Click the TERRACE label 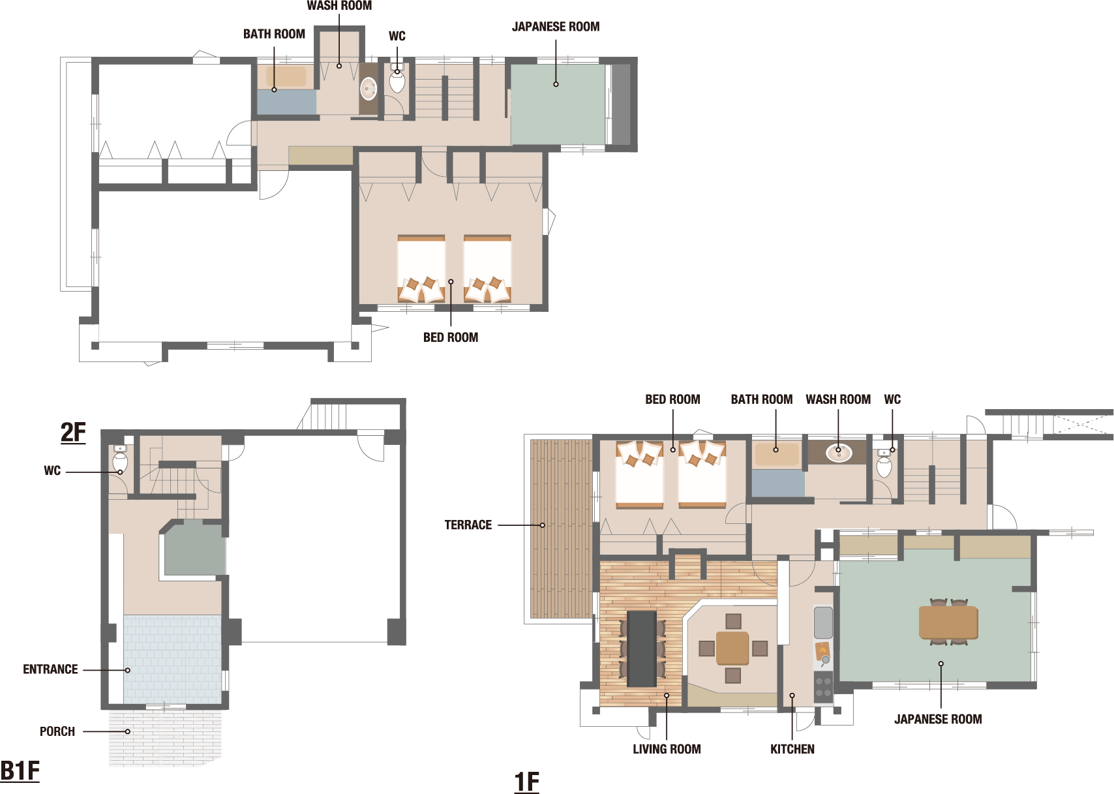pos(468,525)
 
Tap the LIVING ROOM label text pos(667,749)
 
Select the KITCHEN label pos(792,749)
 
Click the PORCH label pos(57,731)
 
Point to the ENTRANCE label pos(50,669)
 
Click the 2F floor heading pos(73,432)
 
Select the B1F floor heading pos(20,771)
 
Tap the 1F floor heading pos(526,782)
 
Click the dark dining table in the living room pos(642,649)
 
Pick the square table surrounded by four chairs pos(732,648)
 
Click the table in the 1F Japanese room pos(948,622)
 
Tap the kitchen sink pos(823,622)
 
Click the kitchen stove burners pos(823,686)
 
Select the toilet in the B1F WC pos(121,459)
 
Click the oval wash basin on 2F pos(369,89)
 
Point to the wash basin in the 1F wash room pos(839,453)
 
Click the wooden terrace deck pos(561,529)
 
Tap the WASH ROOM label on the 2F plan pos(339,5)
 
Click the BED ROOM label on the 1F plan pos(672,399)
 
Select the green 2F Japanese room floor pos(558,104)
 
